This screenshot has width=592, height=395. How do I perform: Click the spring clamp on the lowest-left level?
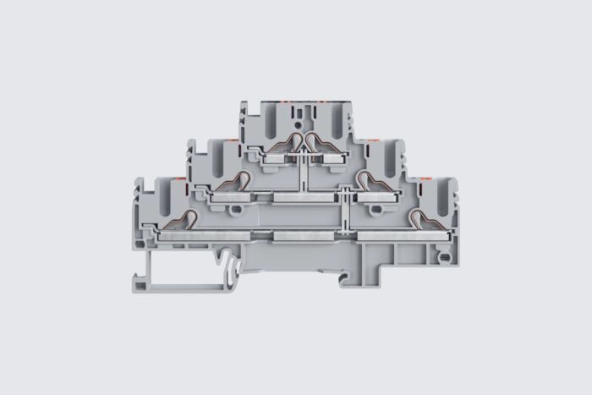(x=180, y=222)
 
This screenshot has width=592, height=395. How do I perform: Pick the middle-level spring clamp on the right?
(x=370, y=181)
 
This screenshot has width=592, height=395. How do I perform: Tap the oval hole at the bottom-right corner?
(x=443, y=251)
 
